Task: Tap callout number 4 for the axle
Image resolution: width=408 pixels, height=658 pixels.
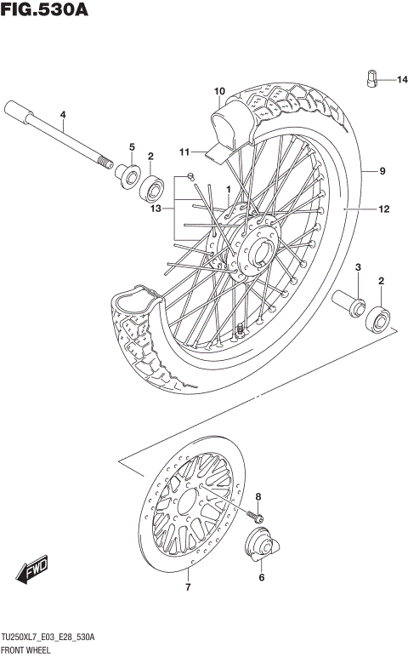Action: (x=62, y=116)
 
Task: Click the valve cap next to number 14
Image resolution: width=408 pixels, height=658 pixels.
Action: (x=371, y=78)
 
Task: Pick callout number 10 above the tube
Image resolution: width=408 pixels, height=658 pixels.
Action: (x=218, y=91)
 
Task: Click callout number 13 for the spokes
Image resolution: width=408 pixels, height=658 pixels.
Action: (x=155, y=209)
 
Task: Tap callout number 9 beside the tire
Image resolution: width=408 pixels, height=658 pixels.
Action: (x=382, y=171)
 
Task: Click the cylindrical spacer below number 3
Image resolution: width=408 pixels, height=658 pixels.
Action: (x=349, y=301)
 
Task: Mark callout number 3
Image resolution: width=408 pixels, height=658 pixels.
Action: (x=359, y=268)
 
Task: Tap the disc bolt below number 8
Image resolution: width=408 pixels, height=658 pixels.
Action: (x=256, y=514)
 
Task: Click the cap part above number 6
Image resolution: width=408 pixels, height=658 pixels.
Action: (x=259, y=546)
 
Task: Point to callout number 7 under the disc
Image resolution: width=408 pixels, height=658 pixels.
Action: (x=188, y=587)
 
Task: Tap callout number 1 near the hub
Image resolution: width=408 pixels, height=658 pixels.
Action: (x=228, y=189)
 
